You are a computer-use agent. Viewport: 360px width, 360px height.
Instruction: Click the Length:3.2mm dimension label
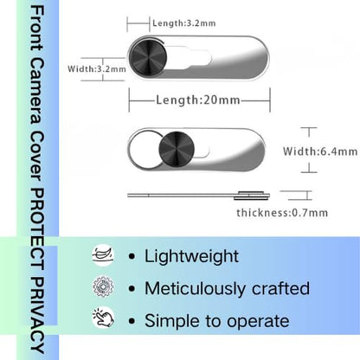(x=184, y=23)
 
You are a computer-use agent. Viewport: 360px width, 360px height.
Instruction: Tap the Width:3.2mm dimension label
(x=97, y=69)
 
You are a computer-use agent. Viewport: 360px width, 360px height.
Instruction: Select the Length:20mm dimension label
(x=198, y=100)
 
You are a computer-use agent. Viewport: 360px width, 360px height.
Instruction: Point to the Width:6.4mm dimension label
(x=320, y=151)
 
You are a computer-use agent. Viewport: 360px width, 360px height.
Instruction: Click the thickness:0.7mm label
(x=282, y=213)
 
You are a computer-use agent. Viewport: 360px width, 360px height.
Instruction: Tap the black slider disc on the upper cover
(x=148, y=56)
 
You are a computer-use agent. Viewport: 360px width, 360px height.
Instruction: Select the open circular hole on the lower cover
(x=145, y=150)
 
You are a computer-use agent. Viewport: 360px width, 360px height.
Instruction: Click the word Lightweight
(x=191, y=256)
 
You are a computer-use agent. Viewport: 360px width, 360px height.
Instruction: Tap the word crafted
(x=280, y=288)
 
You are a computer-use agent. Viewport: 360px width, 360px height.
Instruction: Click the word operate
(x=258, y=321)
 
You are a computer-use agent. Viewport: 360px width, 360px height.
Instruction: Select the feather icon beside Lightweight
(x=103, y=255)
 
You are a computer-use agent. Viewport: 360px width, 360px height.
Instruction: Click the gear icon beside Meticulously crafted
(x=103, y=287)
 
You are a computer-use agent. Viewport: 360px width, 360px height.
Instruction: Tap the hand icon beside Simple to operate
(x=103, y=318)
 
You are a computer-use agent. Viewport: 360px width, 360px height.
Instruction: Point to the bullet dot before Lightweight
(x=132, y=256)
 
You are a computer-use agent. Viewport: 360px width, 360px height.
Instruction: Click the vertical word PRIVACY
(x=37, y=315)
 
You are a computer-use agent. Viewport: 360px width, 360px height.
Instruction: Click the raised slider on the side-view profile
(x=252, y=196)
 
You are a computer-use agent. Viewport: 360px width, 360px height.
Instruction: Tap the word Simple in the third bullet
(x=169, y=321)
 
